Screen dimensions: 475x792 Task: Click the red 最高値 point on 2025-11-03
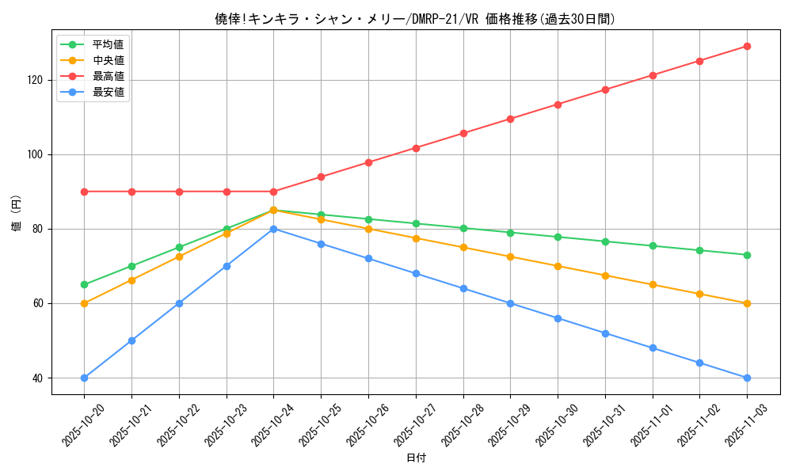tap(747, 46)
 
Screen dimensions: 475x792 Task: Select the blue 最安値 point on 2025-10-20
tap(84, 378)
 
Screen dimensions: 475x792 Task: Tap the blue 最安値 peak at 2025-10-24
tap(273, 229)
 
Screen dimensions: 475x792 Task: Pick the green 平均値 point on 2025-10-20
tap(84, 284)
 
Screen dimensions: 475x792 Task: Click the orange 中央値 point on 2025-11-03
tap(747, 303)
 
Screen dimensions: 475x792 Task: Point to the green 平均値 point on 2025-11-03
tap(747, 255)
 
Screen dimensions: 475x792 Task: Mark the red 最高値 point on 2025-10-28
tap(463, 133)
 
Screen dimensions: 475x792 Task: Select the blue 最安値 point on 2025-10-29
tap(510, 303)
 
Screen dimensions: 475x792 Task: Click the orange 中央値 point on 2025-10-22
tap(179, 256)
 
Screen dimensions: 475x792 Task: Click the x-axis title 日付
tap(416, 458)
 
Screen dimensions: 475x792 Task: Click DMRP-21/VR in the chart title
tap(441, 19)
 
